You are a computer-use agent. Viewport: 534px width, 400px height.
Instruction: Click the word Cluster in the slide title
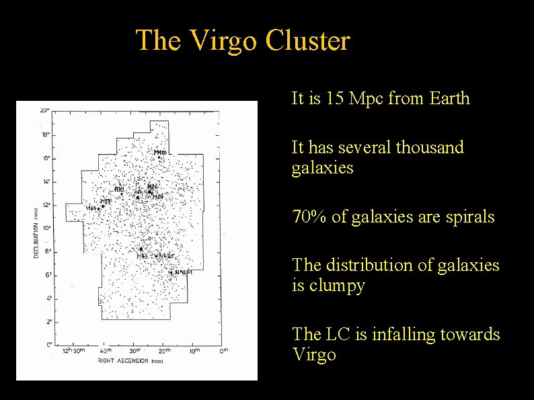(308, 40)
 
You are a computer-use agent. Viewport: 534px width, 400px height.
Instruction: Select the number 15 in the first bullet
(334, 99)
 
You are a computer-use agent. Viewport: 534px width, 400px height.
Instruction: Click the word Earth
(448, 99)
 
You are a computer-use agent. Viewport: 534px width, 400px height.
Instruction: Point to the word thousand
(428, 147)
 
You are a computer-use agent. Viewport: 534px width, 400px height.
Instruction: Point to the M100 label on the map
(160, 153)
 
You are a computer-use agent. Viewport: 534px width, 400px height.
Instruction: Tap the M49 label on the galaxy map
(143, 256)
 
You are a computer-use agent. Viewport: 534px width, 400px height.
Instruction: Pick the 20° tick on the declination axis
(44, 110)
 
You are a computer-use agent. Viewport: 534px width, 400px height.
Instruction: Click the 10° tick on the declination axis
(44, 229)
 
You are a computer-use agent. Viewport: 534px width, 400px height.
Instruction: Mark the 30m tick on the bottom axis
(136, 350)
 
